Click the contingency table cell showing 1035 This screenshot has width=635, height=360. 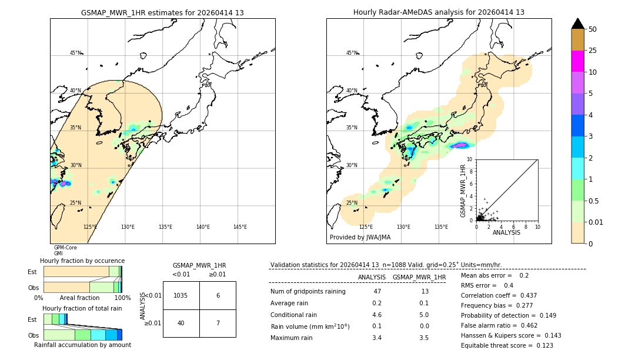[181, 295]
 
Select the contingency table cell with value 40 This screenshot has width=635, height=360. [181, 323]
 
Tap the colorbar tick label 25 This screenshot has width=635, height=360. [593, 51]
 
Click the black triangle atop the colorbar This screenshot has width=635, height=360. [578, 24]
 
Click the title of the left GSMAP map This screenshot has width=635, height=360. [162, 12]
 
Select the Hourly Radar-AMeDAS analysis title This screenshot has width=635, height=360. [439, 12]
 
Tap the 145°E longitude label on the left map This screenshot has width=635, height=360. [240, 227]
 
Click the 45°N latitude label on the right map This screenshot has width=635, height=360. [351, 53]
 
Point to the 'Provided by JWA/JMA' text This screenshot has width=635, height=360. [360, 238]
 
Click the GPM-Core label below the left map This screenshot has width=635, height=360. [65, 248]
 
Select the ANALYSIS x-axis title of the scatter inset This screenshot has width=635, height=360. [506, 233]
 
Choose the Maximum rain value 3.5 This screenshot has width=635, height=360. [424, 338]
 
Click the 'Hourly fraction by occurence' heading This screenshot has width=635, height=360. [82, 261]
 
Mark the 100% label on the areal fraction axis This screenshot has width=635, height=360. [122, 298]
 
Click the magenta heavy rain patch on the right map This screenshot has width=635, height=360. [460, 145]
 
